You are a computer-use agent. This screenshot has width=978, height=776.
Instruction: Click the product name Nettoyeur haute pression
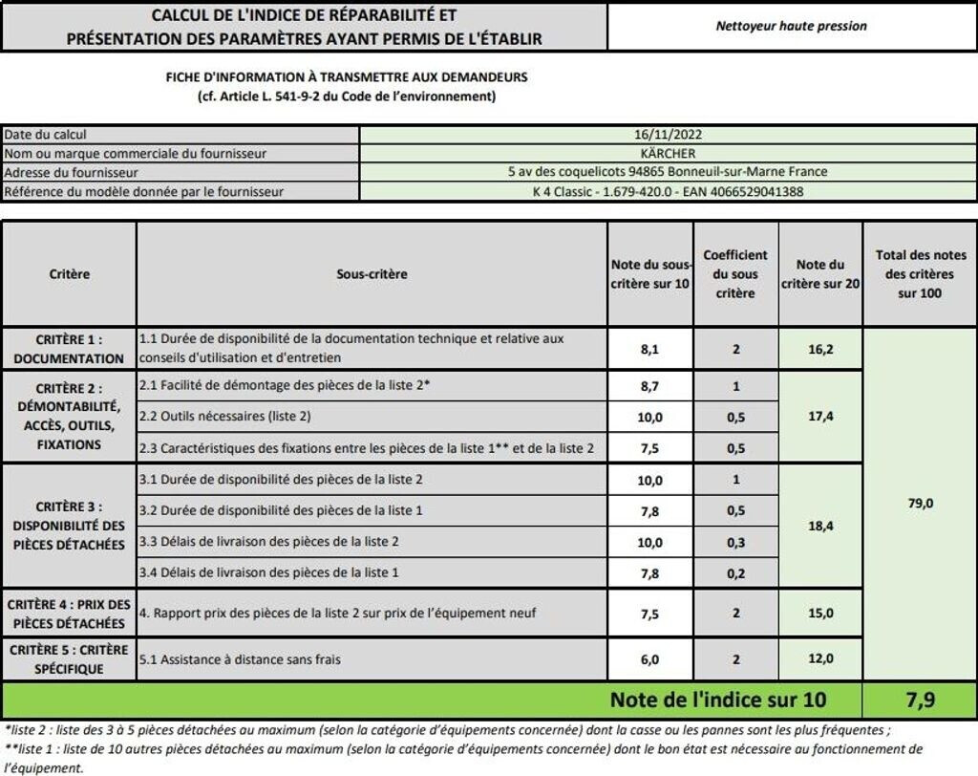point(791,26)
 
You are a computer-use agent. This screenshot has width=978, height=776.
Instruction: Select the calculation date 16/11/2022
point(668,135)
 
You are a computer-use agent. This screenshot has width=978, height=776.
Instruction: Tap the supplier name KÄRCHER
point(668,153)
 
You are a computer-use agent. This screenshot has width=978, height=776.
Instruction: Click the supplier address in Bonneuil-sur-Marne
point(668,172)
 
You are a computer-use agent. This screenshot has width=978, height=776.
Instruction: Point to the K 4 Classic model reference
point(668,191)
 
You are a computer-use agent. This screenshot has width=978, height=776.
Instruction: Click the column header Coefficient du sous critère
point(735,274)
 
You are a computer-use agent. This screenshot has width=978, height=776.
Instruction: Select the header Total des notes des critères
point(920,274)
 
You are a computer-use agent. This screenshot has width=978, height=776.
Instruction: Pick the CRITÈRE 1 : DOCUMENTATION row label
point(69,349)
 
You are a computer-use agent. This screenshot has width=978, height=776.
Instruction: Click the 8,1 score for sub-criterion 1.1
point(650,350)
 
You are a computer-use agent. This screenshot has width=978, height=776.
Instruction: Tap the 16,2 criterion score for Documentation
point(820,350)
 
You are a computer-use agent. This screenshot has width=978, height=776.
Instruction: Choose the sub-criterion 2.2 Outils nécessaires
point(225,417)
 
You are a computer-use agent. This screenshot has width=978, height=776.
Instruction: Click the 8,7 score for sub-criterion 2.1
point(650,385)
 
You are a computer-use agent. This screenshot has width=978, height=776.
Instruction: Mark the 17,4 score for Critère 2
point(820,417)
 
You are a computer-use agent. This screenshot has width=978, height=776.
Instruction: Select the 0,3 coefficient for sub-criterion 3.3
point(735,542)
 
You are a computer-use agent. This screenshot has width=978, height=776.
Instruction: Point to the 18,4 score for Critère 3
point(820,526)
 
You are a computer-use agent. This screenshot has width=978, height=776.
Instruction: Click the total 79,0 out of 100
point(920,503)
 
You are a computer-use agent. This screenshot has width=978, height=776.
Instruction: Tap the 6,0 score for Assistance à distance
point(650,658)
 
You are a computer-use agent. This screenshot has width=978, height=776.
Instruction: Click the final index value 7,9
point(920,700)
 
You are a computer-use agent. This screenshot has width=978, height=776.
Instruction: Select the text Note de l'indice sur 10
point(718,700)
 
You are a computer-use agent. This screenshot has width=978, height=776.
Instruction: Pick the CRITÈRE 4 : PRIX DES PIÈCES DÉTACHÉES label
point(69,614)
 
